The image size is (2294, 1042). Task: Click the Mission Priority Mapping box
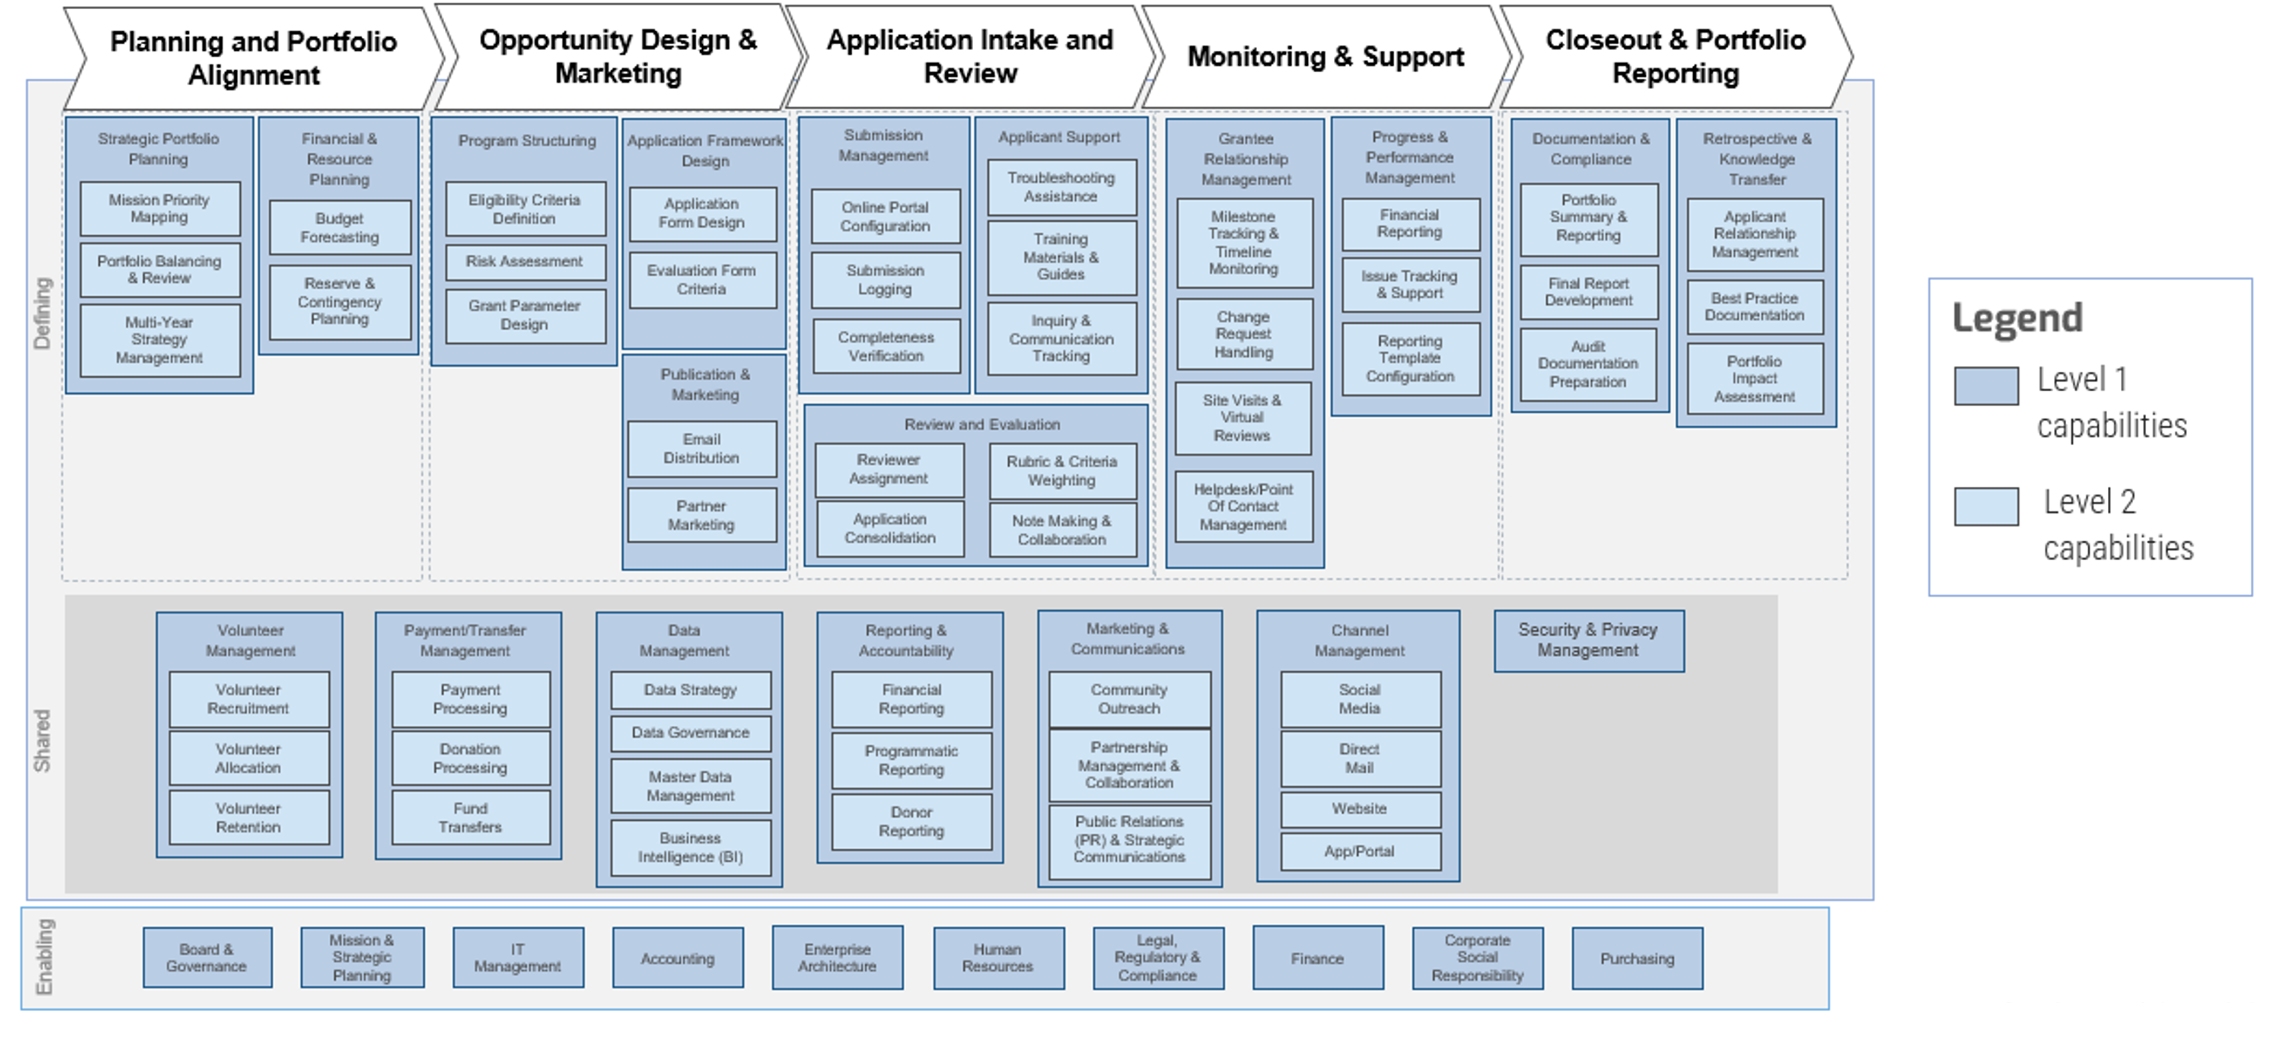(159, 208)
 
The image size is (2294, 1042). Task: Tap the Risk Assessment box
(525, 262)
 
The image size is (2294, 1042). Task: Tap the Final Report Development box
(1588, 292)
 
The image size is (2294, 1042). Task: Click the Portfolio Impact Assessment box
(1754, 378)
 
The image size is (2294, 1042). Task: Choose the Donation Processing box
(470, 759)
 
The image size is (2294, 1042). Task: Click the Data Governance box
(690, 733)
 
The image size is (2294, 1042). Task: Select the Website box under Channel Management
(1359, 809)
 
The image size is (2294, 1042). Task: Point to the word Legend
(2017, 318)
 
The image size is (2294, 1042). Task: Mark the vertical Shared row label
(42, 740)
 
